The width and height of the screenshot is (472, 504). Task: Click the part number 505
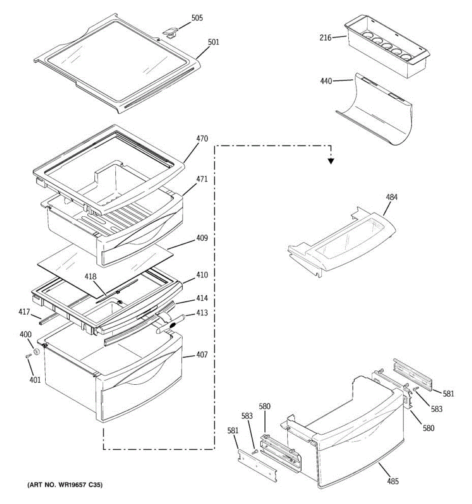click(x=197, y=18)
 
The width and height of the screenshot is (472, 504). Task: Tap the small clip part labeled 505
click(x=170, y=32)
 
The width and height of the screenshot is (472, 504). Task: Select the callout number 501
click(x=213, y=42)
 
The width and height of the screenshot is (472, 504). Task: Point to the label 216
click(x=325, y=38)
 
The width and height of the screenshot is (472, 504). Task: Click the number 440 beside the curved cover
click(x=326, y=81)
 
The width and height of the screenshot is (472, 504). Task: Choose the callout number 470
click(x=202, y=138)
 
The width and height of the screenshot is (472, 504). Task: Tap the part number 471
click(x=202, y=179)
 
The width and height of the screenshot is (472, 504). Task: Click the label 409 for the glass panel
click(x=202, y=239)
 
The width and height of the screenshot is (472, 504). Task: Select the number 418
click(x=90, y=277)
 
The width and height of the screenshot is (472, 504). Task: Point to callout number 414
click(x=202, y=298)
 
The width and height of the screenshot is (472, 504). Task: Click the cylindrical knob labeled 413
click(x=171, y=325)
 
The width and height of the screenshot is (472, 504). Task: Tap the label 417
click(x=24, y=312)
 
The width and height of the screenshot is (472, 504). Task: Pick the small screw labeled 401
click(x=28, y=357)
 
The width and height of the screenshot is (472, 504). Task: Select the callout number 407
click(x=202, y=355)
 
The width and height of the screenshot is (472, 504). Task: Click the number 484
click(x=392, y=197)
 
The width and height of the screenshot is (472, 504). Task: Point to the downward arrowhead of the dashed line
click(x=331, y=160)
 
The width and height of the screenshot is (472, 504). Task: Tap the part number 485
click(x=393, y=481)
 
